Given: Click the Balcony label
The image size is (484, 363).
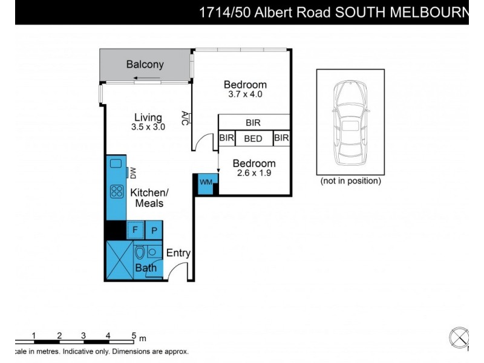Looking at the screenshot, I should click(145, 65).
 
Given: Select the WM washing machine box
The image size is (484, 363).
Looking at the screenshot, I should click(206, 181).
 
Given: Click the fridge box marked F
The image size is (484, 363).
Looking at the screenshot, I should click(134, 230).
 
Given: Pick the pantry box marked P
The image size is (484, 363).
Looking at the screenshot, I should click(154, 230).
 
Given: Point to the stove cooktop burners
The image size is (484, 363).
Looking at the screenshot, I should click(116, 192).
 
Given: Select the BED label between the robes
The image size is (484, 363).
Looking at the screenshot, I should click(253, 139).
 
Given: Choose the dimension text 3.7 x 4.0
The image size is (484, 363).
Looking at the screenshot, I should click(245, 94).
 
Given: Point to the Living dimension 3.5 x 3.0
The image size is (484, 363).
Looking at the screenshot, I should click(148, 128).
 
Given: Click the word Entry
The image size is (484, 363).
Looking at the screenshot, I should click(178, 253).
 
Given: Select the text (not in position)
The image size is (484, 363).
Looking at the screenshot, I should click(350, 181).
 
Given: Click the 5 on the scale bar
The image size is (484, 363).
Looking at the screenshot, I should click(133, 336).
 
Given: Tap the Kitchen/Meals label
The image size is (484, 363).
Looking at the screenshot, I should click(149, 198).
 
